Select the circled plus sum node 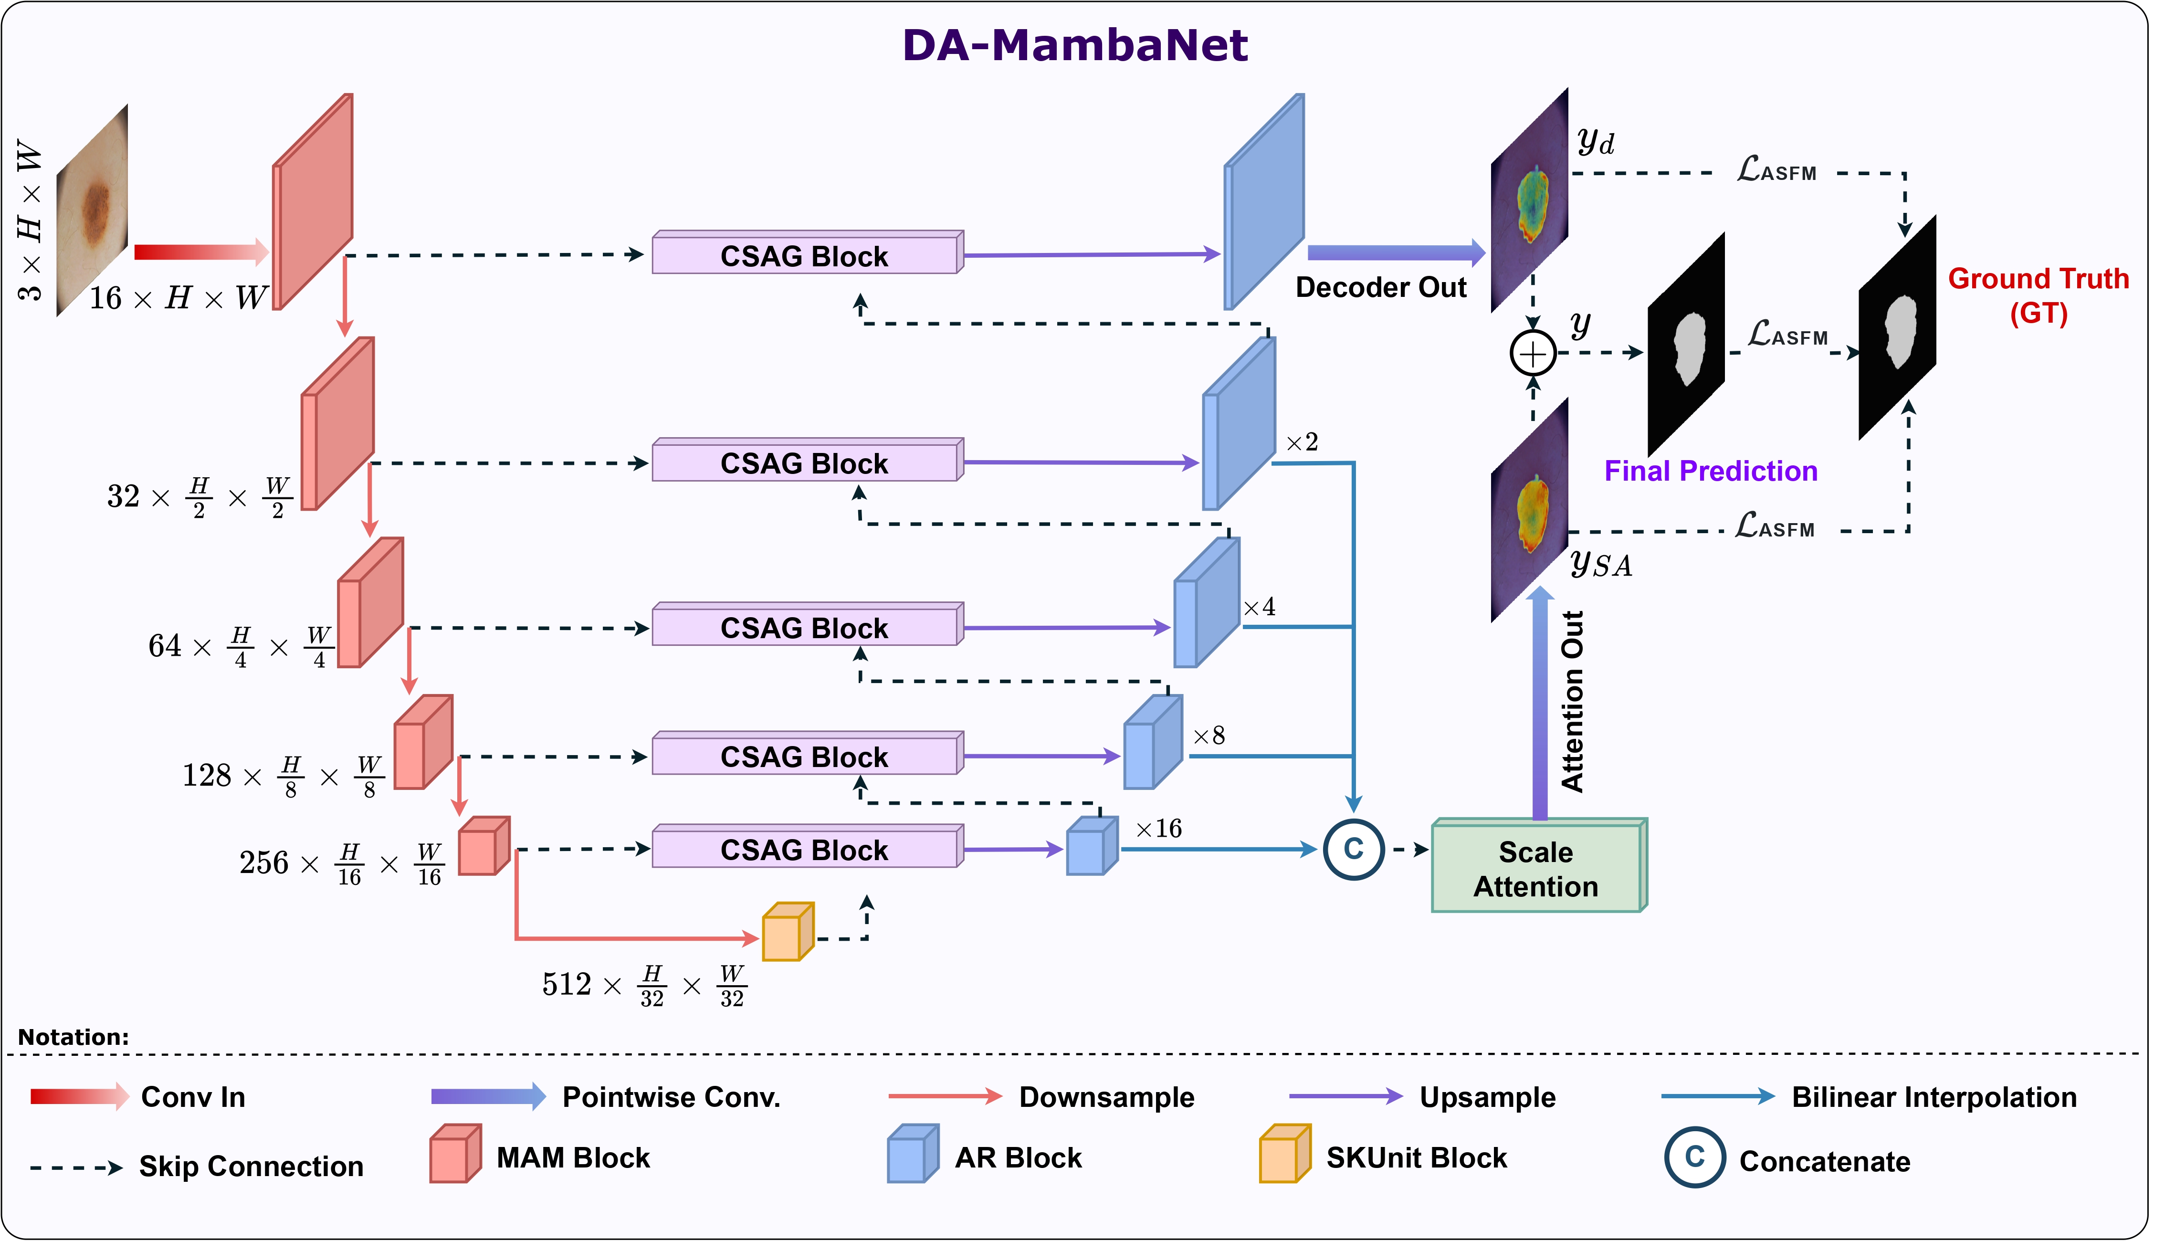(x=1533, y=353)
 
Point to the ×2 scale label (x=1302, y=442)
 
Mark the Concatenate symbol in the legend (x=1695, y=1157)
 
